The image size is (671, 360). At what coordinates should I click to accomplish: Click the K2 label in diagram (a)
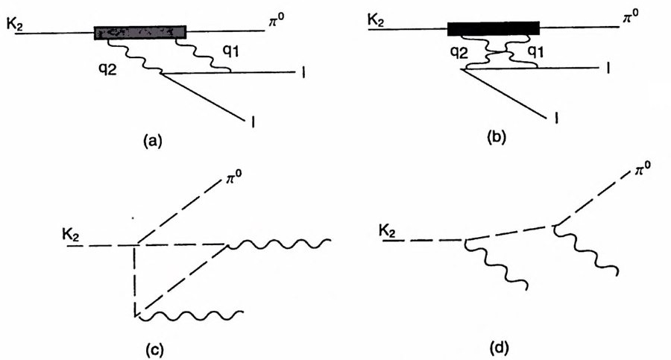click(x=17, y=25)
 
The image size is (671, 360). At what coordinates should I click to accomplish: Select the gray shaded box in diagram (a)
click(x=140, y=32)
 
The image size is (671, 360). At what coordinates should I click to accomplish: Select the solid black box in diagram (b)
click(x=493, y=28)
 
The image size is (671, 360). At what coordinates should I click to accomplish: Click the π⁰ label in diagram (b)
click(x=630, y=15)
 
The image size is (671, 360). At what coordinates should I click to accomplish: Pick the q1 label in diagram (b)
click(x=535, y=52)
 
